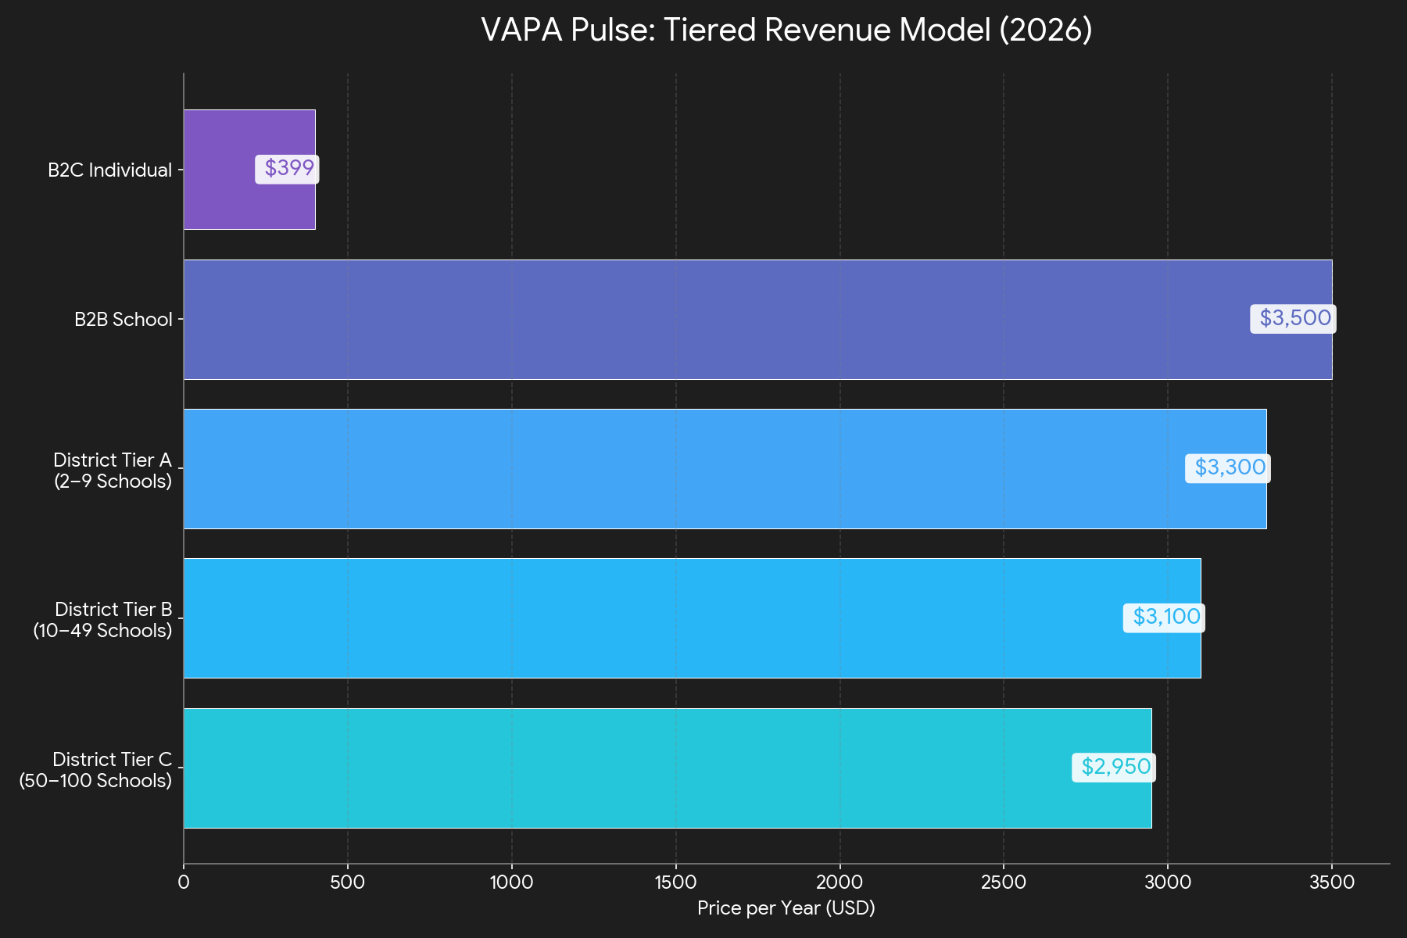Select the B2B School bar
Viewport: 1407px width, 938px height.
(703, 319)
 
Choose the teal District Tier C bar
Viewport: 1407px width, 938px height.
(625, 768)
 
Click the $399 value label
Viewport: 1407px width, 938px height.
(288, 169)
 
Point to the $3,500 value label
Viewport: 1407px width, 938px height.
(1294, 318)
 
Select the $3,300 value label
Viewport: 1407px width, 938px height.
(1228, 467)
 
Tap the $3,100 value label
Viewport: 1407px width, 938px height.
(1164, 618)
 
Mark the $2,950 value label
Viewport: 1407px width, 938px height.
(1114, 767)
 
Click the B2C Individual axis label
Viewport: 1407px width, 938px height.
(109, 170)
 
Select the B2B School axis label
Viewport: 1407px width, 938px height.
(123, 319)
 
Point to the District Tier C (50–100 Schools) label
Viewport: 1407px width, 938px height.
(95, 770)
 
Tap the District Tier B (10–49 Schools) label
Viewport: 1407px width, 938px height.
(102, 620)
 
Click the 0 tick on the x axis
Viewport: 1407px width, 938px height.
(184, 883)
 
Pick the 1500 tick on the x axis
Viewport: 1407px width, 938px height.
(675, 883)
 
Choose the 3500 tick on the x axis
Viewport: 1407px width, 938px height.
(1331, 883)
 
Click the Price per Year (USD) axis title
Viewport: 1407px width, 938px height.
(786, 908)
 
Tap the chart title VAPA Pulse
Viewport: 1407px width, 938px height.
(786, 30)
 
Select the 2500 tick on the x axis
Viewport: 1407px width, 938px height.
(1003, 883)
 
